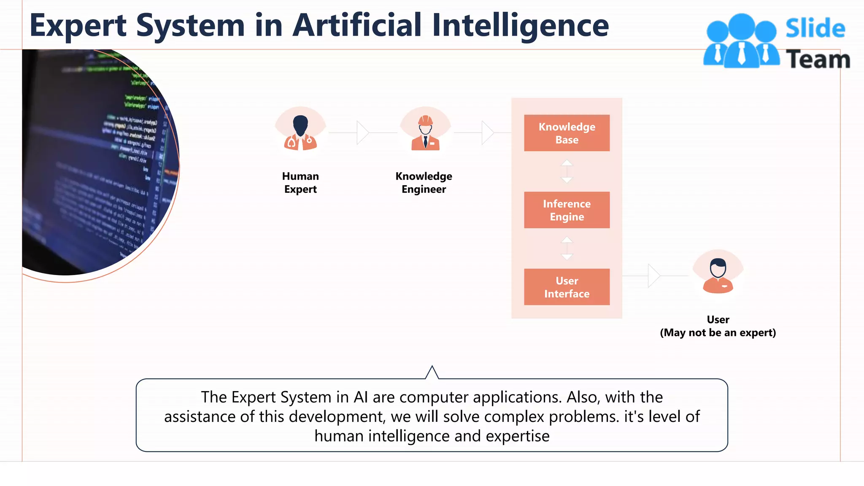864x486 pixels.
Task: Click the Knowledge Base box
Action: tap(567, 133)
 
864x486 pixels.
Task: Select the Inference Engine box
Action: tap(567, 210)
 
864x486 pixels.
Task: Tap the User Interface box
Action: tap(567, 287)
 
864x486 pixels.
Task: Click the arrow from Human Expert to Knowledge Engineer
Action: tap(362, 132)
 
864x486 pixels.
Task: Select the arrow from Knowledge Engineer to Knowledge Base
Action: tap(487, 132)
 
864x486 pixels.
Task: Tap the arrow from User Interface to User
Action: tap(653, 275)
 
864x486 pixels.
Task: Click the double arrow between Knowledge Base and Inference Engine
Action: tap(567, 171)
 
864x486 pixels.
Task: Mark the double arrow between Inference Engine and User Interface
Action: tap(567, 248)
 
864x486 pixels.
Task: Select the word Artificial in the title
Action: tap(357, 25)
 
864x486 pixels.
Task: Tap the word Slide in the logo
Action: tap(815, 29)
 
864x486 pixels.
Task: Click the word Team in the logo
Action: tap(818, 59)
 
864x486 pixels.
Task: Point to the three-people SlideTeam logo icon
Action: tap(741, 41)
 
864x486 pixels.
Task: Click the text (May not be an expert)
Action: tap(718, 332)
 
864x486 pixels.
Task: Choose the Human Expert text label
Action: tap(300, 183)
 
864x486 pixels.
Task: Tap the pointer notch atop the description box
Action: tap(432, 373)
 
